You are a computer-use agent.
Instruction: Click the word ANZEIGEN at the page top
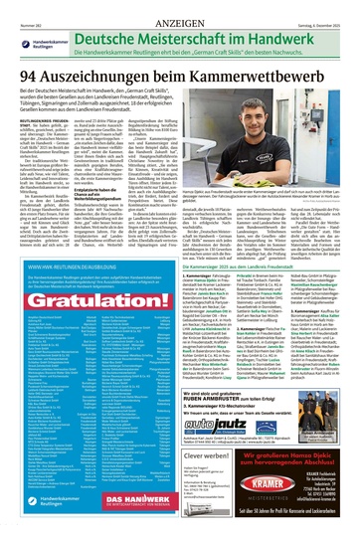coord(179,10)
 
